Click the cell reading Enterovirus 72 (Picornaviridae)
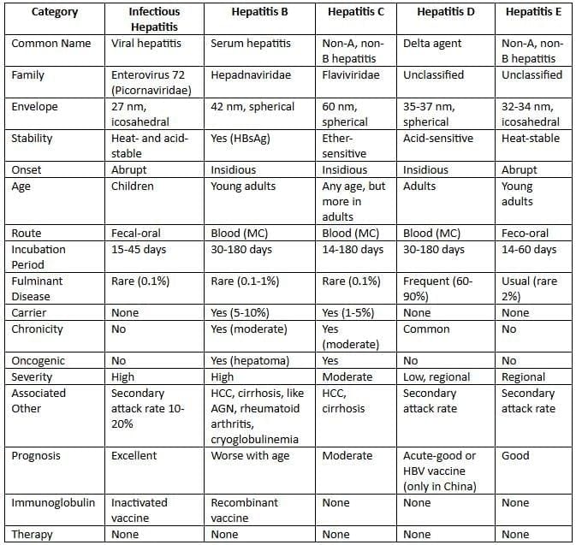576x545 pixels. tap(150, 83)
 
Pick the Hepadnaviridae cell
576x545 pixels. tap(251, 75)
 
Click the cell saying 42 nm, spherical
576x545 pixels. tap(252, 107)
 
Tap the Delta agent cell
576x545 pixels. tap(433, 43)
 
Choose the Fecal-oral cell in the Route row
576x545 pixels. tap(136, 233)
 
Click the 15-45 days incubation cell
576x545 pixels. tap(142, 249)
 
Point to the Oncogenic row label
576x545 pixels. tap(39, 361)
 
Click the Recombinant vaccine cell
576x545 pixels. tap(247, 510)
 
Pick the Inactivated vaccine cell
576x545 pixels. tap(140, 510)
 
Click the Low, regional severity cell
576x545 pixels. tap(439, 377)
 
